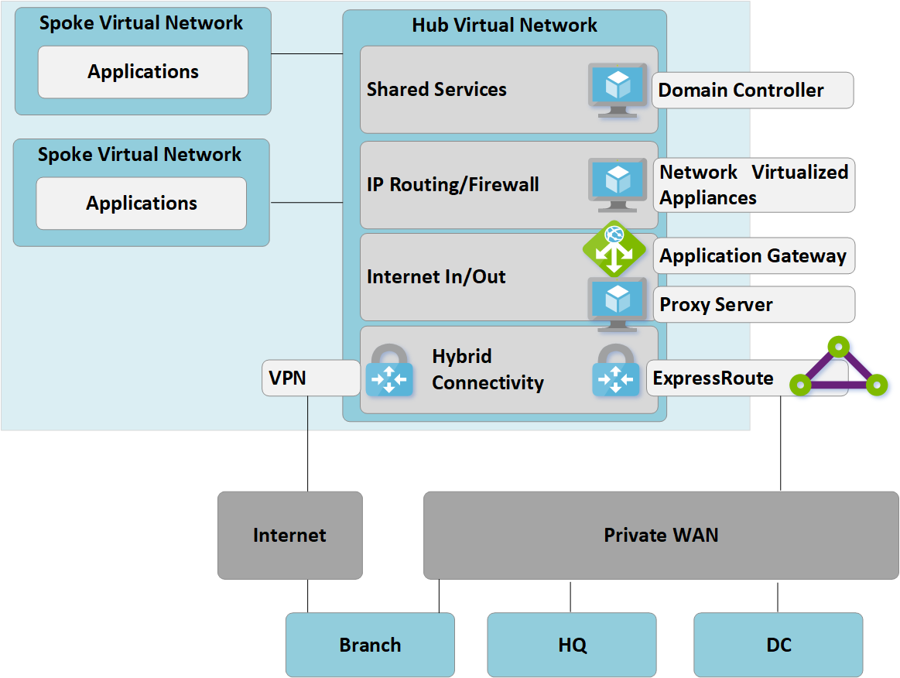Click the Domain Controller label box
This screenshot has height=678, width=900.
tap(752, 91)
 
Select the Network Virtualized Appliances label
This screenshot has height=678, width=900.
tap(754, 185)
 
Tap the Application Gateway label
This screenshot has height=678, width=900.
tap(754, 256)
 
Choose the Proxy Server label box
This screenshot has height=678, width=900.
tap(754, 305)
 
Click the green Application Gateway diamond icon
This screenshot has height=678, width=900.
tap(614, 248)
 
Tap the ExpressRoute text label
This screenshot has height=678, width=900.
tap(713, 378)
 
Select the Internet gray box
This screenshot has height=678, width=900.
tap(290, 535)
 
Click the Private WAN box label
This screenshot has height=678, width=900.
tap(661, 535)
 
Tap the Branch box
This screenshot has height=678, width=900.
tap(370, 645)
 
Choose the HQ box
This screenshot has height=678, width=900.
tap(572, 645)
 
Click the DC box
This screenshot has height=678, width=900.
tap(779, 645)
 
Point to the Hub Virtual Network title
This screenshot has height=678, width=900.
tap(505, 25)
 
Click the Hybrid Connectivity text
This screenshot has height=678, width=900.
tap(488, 370)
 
